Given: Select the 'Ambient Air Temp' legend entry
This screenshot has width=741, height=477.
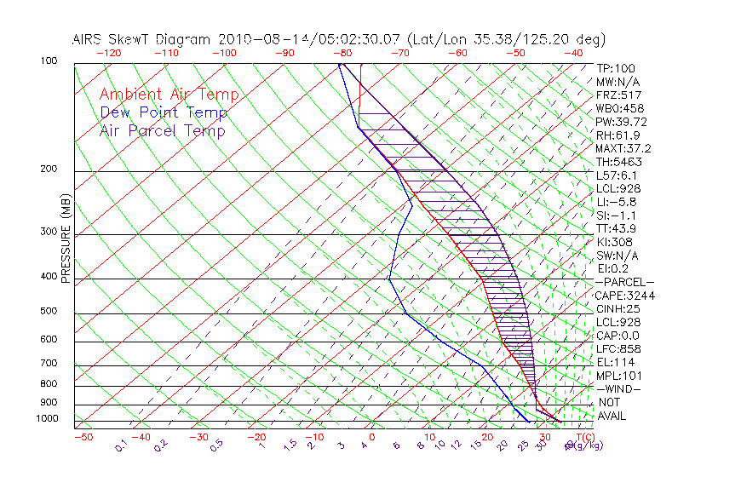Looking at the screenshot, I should (169, 95).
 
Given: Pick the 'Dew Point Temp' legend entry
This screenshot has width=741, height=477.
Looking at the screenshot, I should (164, 112).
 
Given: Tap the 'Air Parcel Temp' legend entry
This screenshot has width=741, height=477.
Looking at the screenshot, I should (162, 130).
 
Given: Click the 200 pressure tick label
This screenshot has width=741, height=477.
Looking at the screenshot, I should (48, 170).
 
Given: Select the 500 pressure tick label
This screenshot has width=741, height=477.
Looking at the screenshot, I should (48, 312).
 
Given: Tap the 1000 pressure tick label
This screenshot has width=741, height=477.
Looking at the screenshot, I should (45, 419).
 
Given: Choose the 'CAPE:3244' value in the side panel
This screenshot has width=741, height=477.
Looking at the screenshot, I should (624, 296).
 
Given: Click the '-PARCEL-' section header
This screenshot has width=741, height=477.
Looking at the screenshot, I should (624, 282).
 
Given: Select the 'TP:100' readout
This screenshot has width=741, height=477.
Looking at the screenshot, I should (615, 68).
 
